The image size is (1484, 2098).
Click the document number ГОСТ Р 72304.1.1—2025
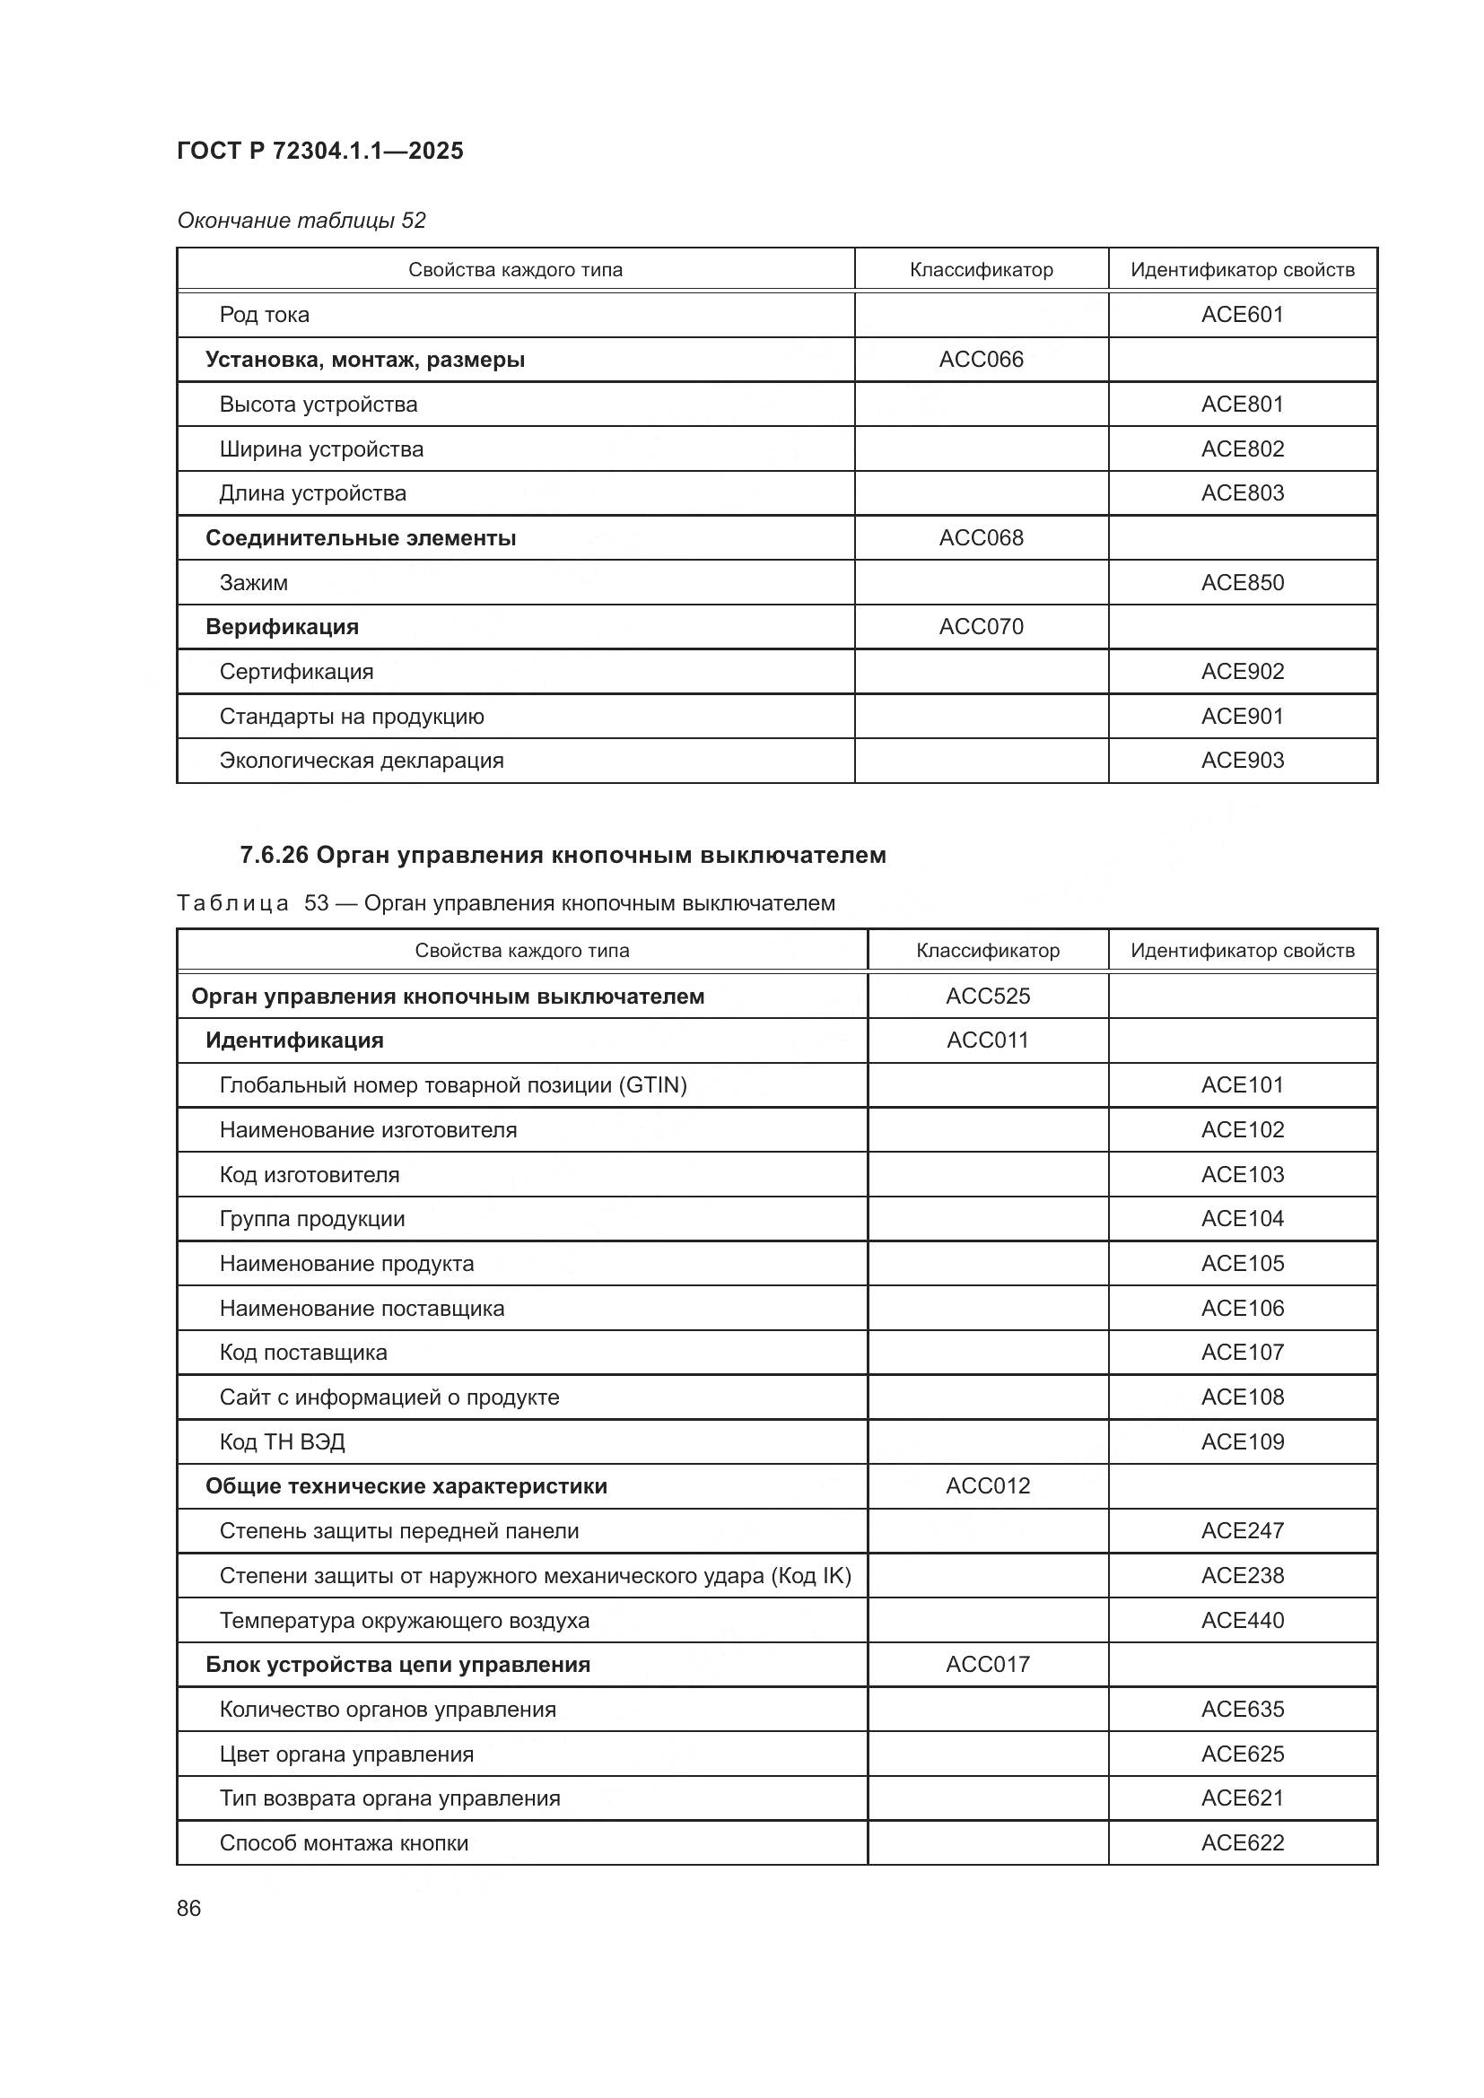(319, 151)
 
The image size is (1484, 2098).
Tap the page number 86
(188, 1909)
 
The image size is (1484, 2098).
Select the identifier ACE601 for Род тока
(1242, 314)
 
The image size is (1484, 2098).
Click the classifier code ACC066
(981, 359)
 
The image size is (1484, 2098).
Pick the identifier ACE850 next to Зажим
(1242, 582)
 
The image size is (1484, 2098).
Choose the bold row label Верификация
(282, 627)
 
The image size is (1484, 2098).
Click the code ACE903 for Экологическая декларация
(1242, 761)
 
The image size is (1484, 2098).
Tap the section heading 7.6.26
(562, 856)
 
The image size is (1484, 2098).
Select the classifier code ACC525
(987, 996)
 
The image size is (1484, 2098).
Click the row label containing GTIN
(452, 1084)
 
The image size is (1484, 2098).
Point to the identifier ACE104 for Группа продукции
(1242, 1218)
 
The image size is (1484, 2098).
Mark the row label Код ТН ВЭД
(282, 1442)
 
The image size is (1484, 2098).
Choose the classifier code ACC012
(987, 1485)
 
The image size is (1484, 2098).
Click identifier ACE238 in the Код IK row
(1242, 1575)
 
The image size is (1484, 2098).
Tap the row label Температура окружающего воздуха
(404, 1620)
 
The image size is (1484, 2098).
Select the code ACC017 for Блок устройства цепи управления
(987, 1664)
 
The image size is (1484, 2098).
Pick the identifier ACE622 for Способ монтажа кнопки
(1242, 1842)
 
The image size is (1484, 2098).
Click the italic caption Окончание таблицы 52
(301, 221)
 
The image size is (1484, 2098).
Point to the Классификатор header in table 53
(987, 950)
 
